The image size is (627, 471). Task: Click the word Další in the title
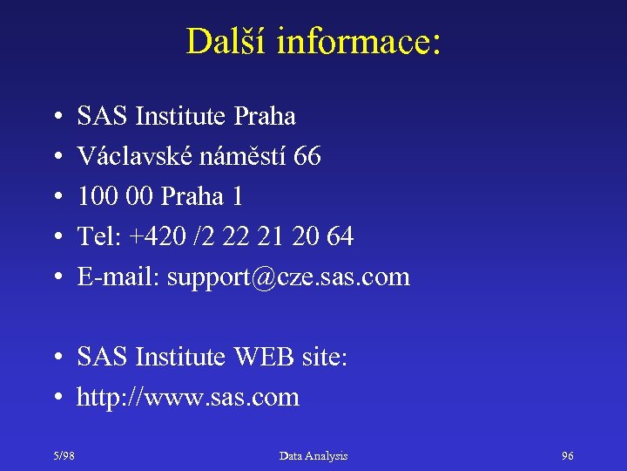click(x=225, y=41)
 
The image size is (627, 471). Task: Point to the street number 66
click(x=307, y=157)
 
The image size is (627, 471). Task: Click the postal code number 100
click(x=95, y=197)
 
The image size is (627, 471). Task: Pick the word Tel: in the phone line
click(x=97, y=237)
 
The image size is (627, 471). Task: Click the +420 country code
click(x=152, y=237)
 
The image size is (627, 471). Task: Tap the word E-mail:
click(x=118, y=277)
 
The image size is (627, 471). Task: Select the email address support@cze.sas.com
click(x=288, y=277)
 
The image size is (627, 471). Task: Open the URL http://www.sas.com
click(x=188, y=398)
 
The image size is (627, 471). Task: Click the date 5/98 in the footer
click(x=63, y=456)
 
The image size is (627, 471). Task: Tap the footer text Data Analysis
click(x=313, y=456)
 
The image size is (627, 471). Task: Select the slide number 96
click(x=568, y=456)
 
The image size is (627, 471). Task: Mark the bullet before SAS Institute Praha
click(x=56, y=117)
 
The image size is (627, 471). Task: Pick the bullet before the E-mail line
click(x=56, y=278)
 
